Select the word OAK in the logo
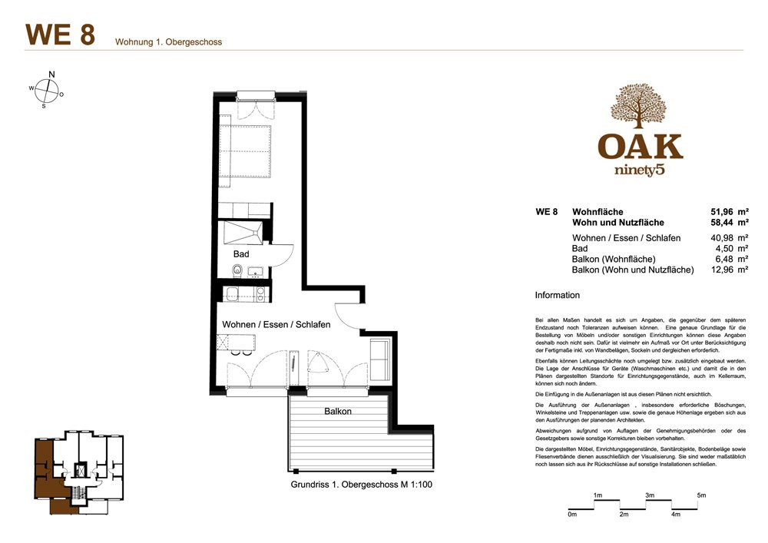[x=641, y=146]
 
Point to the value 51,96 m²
[x=730, y=211]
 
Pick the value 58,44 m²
[x=730, y=223]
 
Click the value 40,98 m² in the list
[x=730, y=238]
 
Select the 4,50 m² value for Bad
[x=732, y=249]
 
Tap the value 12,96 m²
[x=730, y=270]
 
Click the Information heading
[x=557, y=295]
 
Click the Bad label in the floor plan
[x=241, y=253]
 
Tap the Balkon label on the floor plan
[x=337, y=412]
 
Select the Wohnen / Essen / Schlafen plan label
[x=276, y=325]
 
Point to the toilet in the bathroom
[x=237, y=270]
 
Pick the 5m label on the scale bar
[x=700, y=496]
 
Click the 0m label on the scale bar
[x=571, y=515]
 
